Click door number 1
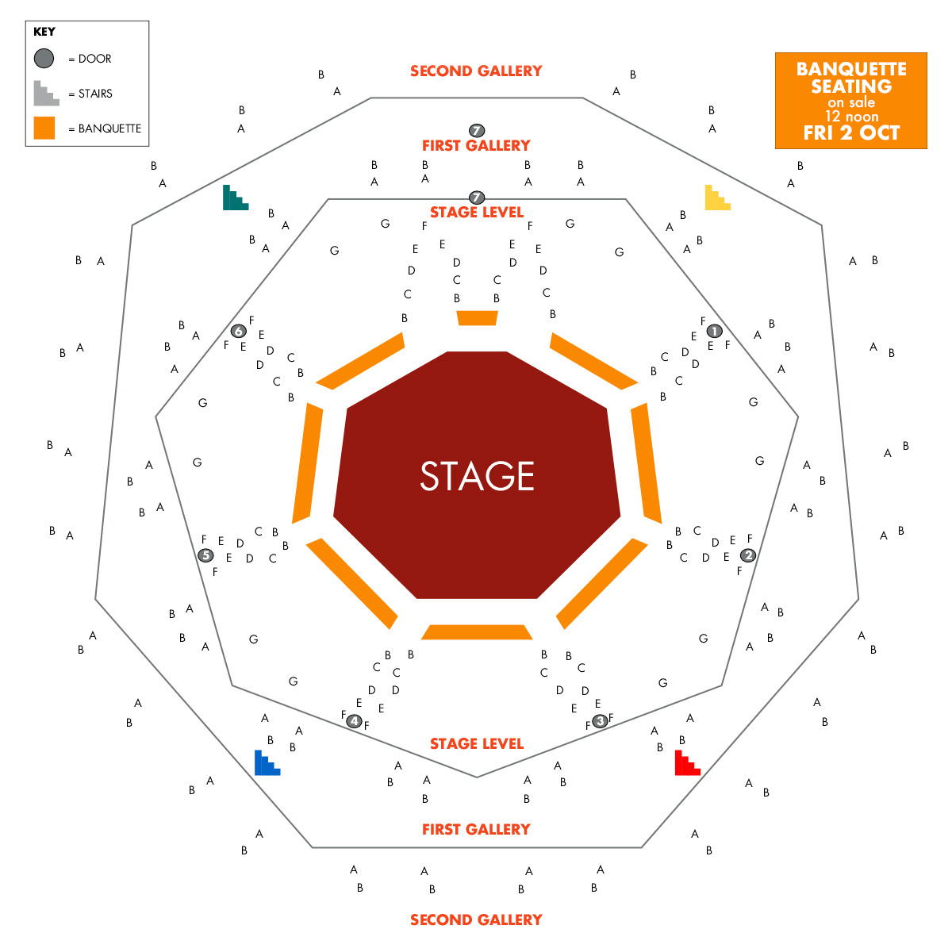pos(714,331)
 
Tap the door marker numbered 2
pos(748,555)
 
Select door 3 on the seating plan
pos(600,721)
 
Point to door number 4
pos(354,721)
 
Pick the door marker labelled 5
pos(205,555)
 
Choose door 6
pos(239,331)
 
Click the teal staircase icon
pos(236,198)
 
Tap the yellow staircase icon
pos(718,198)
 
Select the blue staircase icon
pos(267,762)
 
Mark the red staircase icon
pos(688,762)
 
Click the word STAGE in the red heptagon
pos(477,476)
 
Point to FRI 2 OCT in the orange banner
pos(851,133)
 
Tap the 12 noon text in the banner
pos(852,117)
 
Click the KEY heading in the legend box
pos(44,32)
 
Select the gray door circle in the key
pos(44,58)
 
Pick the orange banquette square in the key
pos(44,128)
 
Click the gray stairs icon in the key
pos(47,94)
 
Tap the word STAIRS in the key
pos(95,94)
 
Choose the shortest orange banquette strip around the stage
pos(477,318)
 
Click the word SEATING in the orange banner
pos(851,86)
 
